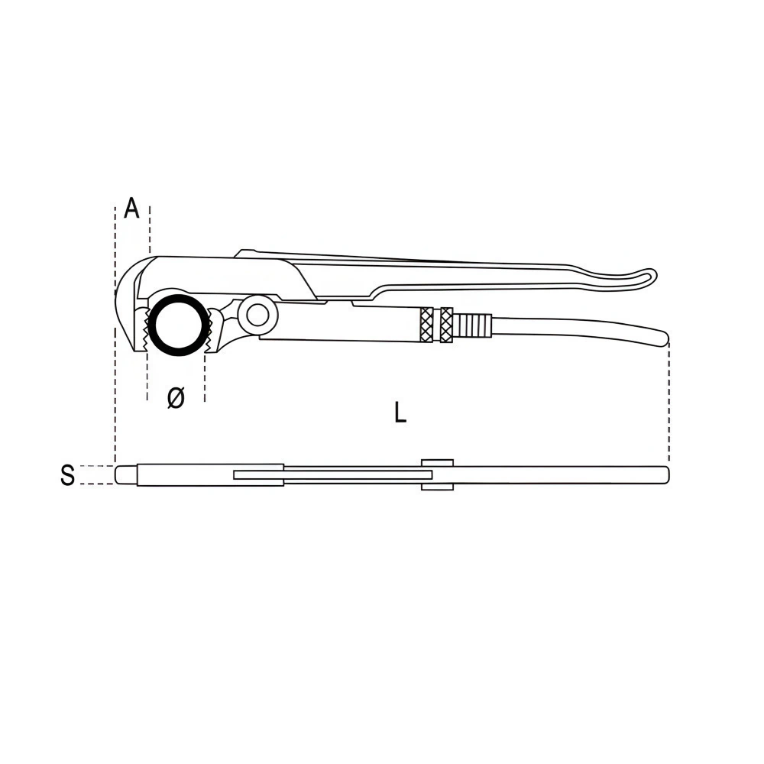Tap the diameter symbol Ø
click(176, 397)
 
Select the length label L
click(400, 412)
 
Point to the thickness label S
click(68, 474)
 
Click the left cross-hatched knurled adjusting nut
click(426, 325)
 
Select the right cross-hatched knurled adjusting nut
click(446, 325)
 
